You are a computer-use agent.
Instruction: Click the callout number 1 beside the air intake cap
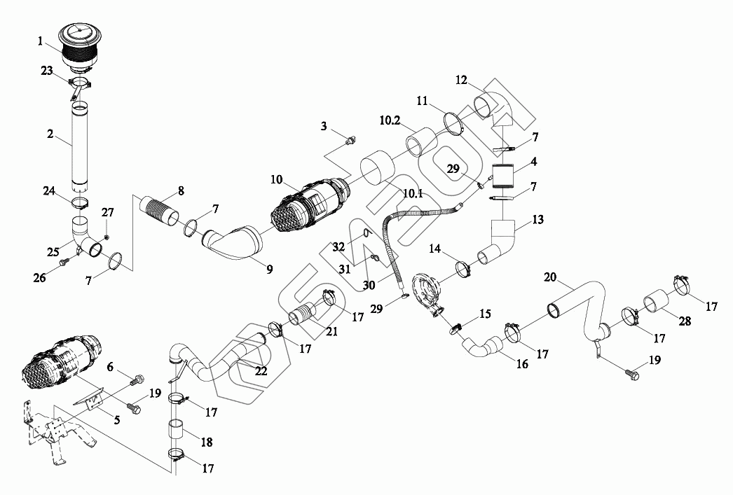click(x=41, y=41)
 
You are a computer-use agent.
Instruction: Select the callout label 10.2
click(x=390, y=120)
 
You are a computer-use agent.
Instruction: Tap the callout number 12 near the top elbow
click(x=460, y=81)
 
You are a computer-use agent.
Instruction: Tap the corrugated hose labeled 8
click(x=160, y=212)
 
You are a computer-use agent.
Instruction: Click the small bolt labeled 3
click(x=351, y=143)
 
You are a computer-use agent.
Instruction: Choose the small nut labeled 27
click(x=106, y=237)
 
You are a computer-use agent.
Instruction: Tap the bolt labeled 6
click(x=136, y=380)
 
